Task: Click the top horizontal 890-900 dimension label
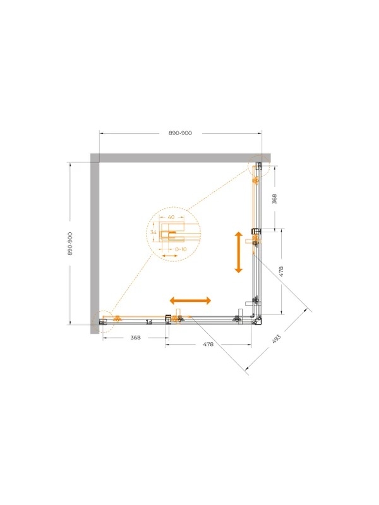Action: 180,133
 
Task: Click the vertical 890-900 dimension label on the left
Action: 70,244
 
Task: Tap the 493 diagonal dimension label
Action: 277,339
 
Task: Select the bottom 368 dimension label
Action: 136,338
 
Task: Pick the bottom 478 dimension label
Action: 208,344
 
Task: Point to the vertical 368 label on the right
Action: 274,199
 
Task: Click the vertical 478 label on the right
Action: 280,271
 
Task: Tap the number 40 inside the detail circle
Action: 171,217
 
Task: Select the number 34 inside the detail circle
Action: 153,232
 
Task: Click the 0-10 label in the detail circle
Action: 181,249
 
